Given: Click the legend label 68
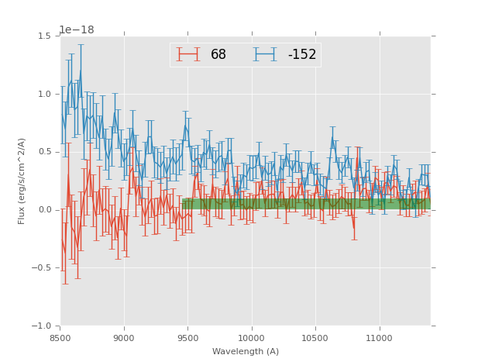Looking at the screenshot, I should [x=218, y=55].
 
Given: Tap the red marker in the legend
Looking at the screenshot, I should [x=188, y=54].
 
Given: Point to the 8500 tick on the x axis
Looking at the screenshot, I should [x=60, y=339].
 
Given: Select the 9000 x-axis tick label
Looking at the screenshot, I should [x=124, y=339].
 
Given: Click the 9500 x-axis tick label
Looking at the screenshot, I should [x=187, y=339].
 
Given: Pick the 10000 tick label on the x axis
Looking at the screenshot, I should [x=251, y=339].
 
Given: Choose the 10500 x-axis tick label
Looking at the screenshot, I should [x=315, y=339].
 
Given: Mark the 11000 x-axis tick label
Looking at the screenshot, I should [x=378, y=339].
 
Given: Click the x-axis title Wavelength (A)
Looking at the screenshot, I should [x=246, y=352].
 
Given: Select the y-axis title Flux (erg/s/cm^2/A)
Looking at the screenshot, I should [x=22, y=181].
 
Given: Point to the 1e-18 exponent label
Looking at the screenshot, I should [x=77, y=29].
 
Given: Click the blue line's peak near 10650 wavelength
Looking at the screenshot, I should [x=332, y=138].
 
